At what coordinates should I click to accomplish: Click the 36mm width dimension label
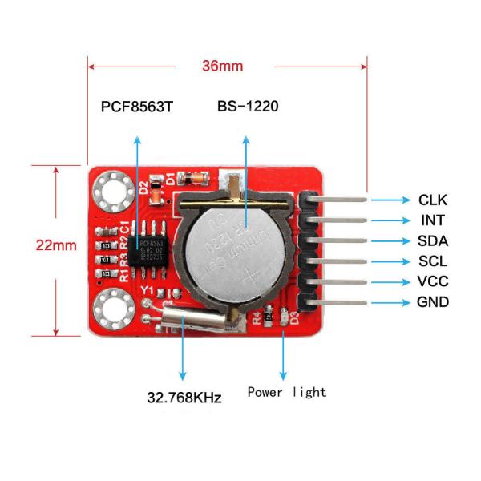point(222,66)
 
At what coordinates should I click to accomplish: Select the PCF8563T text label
point(136,107)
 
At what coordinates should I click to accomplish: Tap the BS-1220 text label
point(248,107)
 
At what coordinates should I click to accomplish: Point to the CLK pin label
point(433,200)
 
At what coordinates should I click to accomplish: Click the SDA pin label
point(433,241)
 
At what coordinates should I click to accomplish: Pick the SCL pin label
point(433,261)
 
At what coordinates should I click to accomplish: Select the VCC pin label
point(433,282)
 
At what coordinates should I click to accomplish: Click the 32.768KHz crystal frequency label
point(184,397)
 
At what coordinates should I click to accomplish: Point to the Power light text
point(287,392)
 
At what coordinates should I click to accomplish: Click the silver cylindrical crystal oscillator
point(194,322)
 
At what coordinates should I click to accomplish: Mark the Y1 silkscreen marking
point(147,291)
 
